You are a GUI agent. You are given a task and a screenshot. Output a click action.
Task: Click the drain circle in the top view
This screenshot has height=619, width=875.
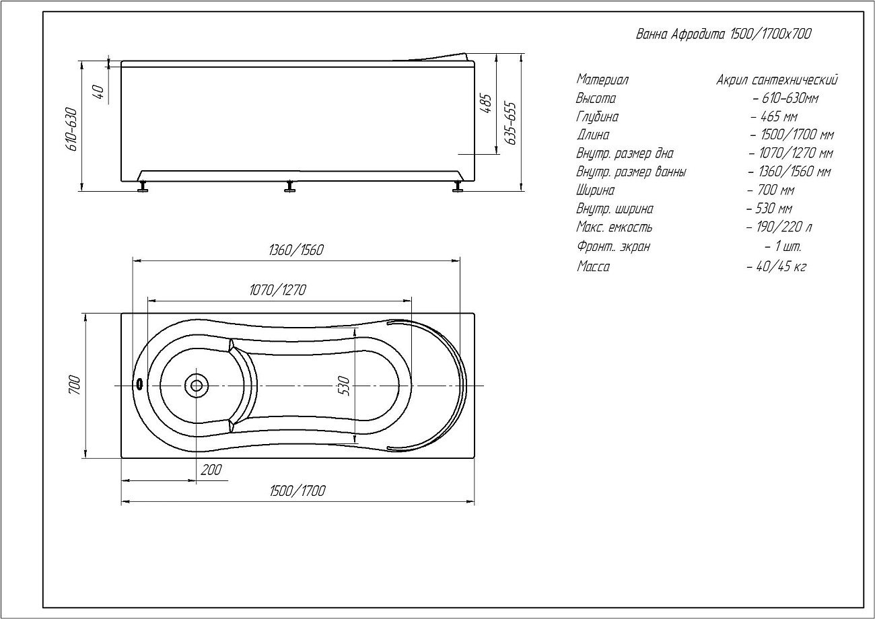(197, 386)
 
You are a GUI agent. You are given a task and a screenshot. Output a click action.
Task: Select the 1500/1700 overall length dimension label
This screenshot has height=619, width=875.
(297, 490)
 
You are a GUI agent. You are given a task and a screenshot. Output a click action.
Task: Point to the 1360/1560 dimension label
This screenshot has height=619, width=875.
(295, 250)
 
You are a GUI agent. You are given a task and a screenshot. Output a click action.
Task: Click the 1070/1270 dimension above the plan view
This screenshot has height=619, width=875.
(277, 290)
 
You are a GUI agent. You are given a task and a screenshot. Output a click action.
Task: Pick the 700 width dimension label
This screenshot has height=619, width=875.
(75, 385)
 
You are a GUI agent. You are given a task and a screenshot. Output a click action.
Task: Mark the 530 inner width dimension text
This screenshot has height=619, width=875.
(345, 386)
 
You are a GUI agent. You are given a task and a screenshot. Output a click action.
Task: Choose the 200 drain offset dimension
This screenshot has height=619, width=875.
(211, 470)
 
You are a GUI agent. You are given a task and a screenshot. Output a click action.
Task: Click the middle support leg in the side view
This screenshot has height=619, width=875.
(290, 186)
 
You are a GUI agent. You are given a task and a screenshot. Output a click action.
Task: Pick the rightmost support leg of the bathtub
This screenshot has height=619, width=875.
(458, 186)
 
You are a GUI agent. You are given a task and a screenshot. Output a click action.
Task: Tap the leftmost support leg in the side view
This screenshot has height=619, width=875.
(142, 186)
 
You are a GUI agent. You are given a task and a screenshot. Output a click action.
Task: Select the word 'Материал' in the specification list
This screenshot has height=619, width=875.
(602, 80)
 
